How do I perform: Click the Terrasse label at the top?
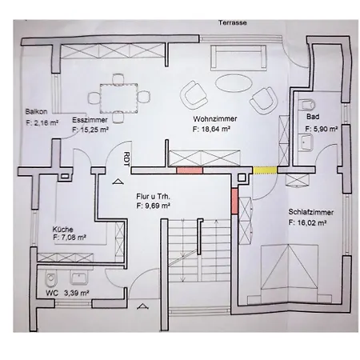pyautogui.click(x=233, y=23)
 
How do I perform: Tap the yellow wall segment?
pyautogui.click(x=265, y=170)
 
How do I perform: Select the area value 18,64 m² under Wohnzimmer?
pyautogui.click(x=211, y=130)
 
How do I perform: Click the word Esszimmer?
pyautogui.click(x=90, y=120)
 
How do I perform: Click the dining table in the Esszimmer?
pyautogui.click(x=119, y=98)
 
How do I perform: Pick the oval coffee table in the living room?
pyautogui.click(x=234, y=83)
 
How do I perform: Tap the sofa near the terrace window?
pyautogui.click(x=238, y=58)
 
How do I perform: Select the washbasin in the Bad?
pyautogui.click(x=306, y=142)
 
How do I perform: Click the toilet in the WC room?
pyautogui.click(x=51, y=279)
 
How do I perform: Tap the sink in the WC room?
pyautogui.click(x=79, y=278)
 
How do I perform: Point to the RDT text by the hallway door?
pyautogui.click(x=127, y=159)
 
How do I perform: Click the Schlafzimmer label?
pyautogui.click(x=311, y=212)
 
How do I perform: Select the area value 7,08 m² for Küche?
pyautogui.click(x=70, y=238)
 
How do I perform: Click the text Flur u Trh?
pyautogui.click(x=153, y=197)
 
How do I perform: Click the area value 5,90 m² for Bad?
pyautogui.click(x=322, y=129)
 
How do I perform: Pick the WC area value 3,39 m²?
pyautogui.click(x=76, y=293)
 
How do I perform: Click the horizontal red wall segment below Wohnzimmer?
pyautogui.click(x=190, y=170)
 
